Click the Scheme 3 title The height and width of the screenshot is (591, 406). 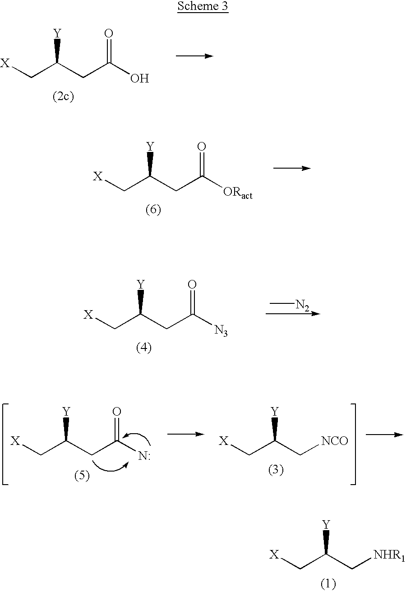click(203, 6)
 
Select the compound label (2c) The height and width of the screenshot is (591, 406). click(63, 96)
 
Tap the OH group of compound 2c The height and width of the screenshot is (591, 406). click(140, 78)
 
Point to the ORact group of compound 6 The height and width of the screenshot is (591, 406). click(238, 193)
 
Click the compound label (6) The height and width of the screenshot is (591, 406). click(153, 210)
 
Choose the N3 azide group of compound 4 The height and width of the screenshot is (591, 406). click(221, 331)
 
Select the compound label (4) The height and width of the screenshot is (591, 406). click(144, 348)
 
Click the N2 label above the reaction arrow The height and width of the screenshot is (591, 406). click(302, 305)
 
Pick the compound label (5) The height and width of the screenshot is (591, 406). click(82, 476)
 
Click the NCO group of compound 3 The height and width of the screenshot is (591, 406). click(334, 440)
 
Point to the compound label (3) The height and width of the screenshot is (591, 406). click(276, 470)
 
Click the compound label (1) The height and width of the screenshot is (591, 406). click(328, 583)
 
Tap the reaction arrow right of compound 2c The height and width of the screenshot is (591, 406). click(195, 56)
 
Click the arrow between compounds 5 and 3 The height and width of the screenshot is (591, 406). click(186, 434)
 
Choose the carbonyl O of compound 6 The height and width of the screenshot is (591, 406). click(202, 147)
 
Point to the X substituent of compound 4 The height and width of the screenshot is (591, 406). click(88, 315)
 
